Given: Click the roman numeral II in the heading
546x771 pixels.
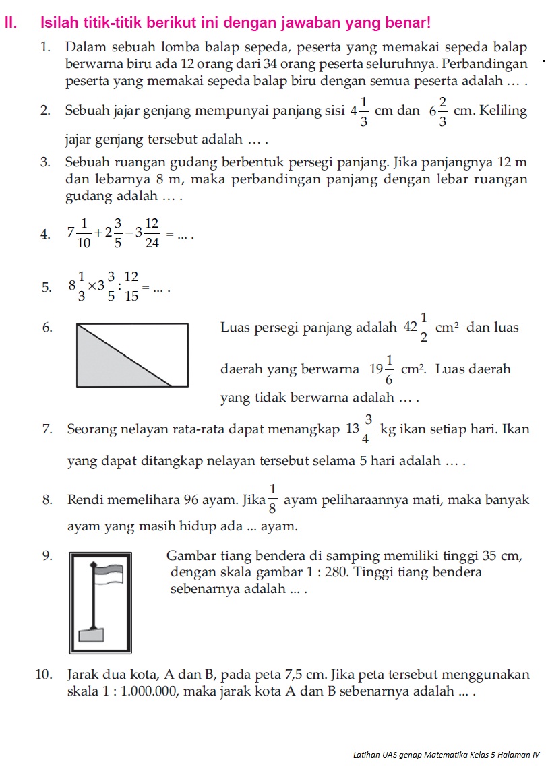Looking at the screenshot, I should pos(9,23).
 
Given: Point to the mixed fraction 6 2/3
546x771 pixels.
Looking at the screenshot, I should pos(438,111).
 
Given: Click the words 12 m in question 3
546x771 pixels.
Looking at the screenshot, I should pos(512,163).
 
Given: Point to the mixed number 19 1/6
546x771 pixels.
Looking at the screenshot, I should pos(382,370).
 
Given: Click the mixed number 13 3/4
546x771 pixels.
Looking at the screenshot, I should pos(359,429).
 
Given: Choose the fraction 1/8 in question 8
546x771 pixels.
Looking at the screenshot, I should pos(272,499).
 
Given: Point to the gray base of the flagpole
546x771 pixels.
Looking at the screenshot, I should pos(89,635).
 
